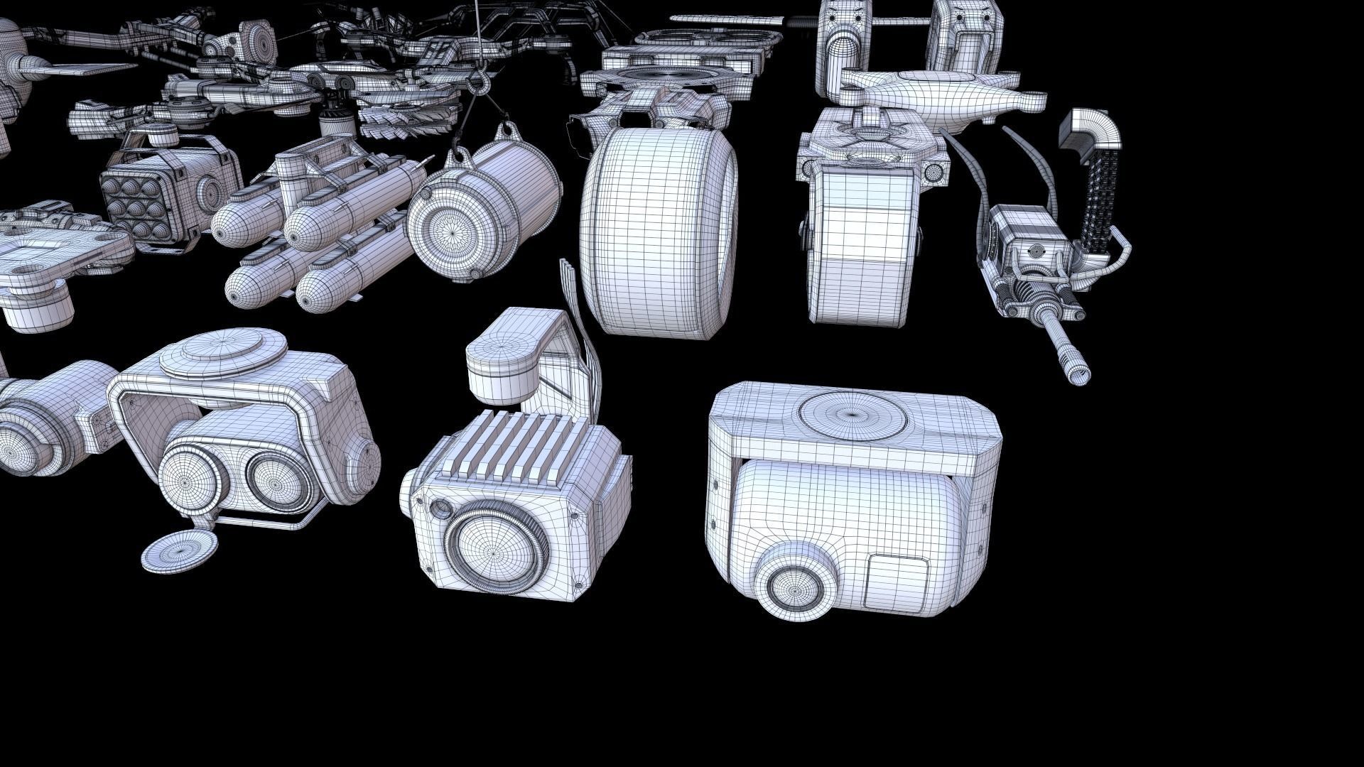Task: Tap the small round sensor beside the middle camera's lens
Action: [440, 508]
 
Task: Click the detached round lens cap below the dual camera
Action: [179, 550]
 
